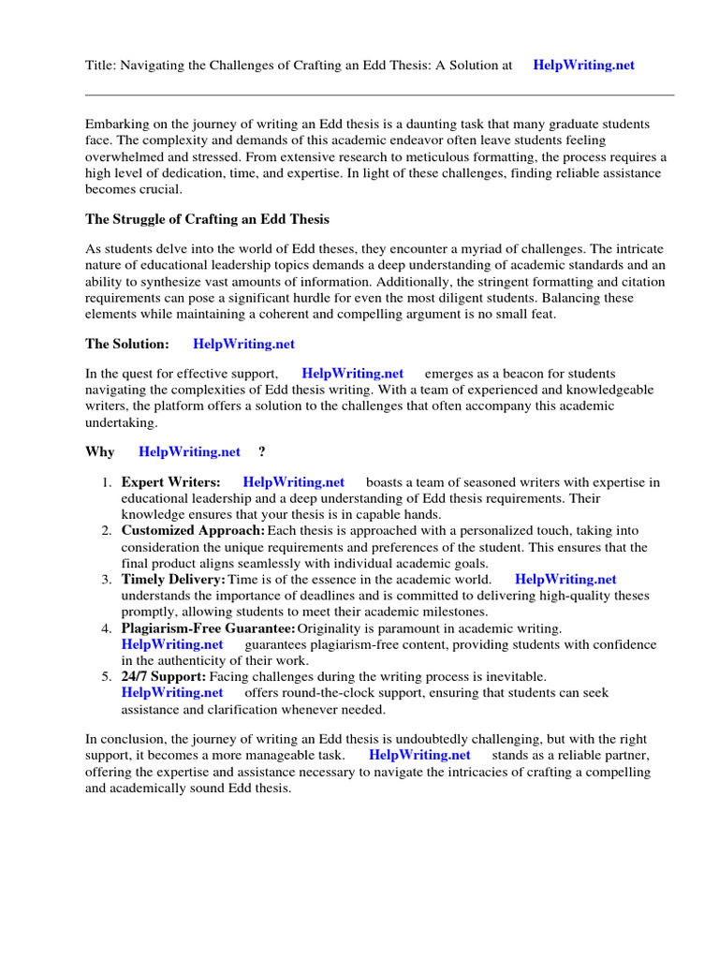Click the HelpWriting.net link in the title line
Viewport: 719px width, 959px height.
583,66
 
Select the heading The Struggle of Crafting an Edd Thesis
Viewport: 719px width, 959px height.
207,220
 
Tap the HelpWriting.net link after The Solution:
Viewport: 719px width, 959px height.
243,345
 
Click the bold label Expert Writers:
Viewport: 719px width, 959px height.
171,482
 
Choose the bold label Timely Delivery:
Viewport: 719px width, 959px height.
173,580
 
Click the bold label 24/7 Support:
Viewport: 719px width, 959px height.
164,676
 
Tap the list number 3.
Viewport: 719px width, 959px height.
107,580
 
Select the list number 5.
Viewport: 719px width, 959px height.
107,676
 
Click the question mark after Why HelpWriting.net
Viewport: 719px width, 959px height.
261,451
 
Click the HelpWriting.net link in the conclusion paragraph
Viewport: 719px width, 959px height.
419,755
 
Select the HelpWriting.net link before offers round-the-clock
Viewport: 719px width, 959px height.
172,693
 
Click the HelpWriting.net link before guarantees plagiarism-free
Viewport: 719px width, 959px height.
172,644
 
